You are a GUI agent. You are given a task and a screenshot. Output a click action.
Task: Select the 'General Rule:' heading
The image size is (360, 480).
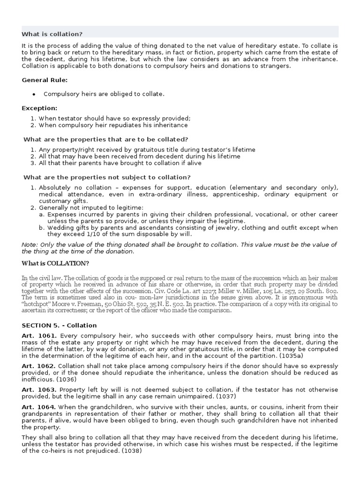click(x=45, y=80)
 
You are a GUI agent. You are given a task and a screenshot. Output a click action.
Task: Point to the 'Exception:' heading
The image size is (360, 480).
click(x=39, y=108)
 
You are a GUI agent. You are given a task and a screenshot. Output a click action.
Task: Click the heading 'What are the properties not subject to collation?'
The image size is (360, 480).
click(x=107, y=177)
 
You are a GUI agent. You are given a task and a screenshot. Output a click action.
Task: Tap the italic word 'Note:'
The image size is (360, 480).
click(x=30, y=244)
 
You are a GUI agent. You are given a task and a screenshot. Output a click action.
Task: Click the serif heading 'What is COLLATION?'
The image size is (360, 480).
click(x=55, y=263)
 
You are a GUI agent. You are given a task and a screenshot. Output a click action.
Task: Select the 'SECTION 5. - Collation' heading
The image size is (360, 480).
click(x=59, y=325)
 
